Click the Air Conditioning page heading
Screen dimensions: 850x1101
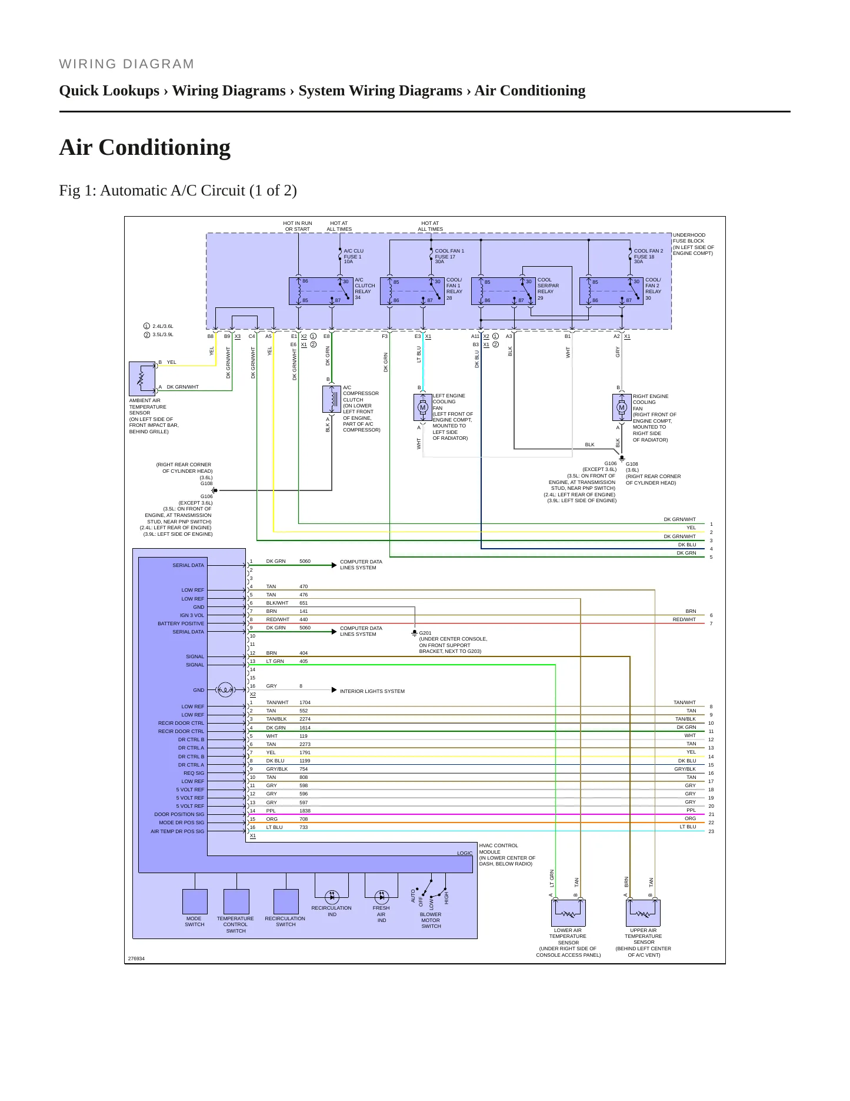(145, 147)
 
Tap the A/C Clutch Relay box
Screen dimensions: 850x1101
(321, 291)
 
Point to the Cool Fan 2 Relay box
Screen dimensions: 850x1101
(612, 291)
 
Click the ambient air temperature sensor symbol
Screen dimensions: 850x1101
(142, 379)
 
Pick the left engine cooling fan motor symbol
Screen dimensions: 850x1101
(422, 407)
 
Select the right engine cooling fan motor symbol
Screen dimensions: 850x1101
(622, 407)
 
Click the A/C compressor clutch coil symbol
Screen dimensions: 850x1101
(332, 399)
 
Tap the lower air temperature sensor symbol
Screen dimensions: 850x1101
(568, 913)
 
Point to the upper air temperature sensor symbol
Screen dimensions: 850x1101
(644, 913)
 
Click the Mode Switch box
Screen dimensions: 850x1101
(195, 901)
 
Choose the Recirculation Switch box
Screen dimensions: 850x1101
(286, 901)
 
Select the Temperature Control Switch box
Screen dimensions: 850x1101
(236, 901)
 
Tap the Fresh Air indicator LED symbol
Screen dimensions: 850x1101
(382, 897)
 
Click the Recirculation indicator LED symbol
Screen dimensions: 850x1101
(332, 897)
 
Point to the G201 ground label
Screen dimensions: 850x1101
(425, 633)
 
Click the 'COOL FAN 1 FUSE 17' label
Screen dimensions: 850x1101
(449, 254)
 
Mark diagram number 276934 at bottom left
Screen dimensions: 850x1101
(136, 959)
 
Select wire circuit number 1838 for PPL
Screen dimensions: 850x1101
(305, 811)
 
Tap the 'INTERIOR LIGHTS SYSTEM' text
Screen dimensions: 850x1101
(372, 691)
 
